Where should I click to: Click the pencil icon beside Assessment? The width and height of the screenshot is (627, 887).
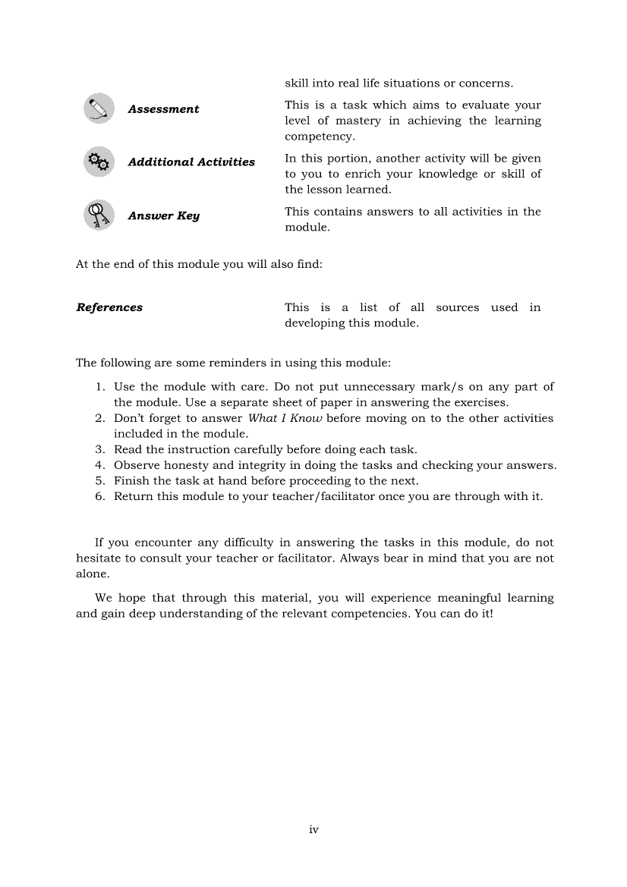99,109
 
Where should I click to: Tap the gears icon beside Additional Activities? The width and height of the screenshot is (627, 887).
99,162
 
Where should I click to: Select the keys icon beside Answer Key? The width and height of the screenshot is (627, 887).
99,215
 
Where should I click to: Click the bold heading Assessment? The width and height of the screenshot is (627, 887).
163,109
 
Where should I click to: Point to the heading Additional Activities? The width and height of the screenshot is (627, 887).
191,162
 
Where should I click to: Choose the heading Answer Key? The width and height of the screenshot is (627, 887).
163,216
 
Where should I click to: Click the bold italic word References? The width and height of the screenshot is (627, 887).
109,307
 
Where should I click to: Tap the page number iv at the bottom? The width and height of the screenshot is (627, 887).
313,829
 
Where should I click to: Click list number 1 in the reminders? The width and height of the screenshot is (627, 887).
99,387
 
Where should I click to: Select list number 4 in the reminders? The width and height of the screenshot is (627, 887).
99,465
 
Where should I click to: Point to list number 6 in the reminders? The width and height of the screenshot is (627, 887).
99,496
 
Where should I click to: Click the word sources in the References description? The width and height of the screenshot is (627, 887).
457,307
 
